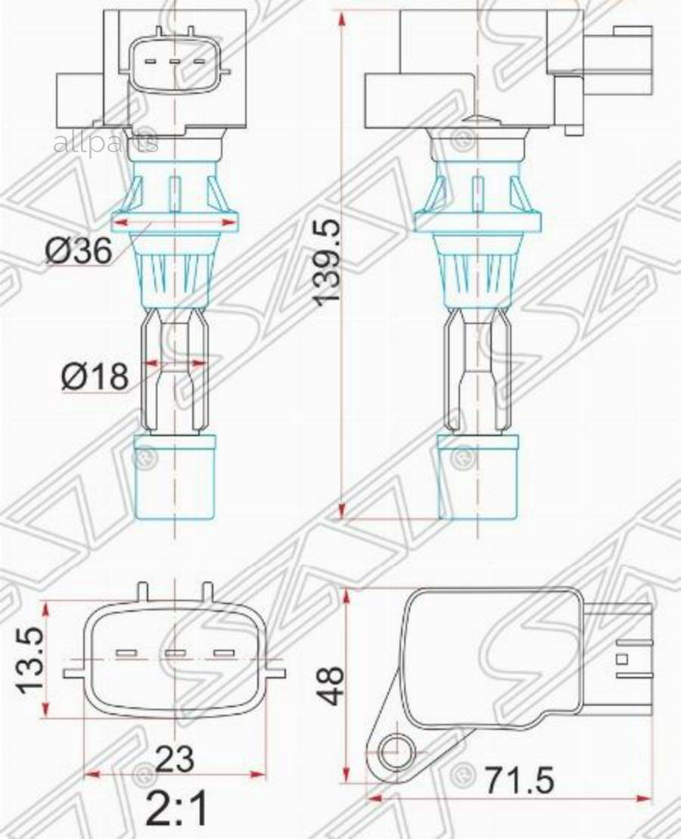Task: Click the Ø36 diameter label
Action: [x=79, y=251]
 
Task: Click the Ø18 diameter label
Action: [x=95, y=376]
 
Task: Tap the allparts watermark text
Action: [x=105, y=142]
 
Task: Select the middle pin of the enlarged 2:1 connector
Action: [x=175, y=653]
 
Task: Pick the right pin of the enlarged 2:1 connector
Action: [x=223, y=653]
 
